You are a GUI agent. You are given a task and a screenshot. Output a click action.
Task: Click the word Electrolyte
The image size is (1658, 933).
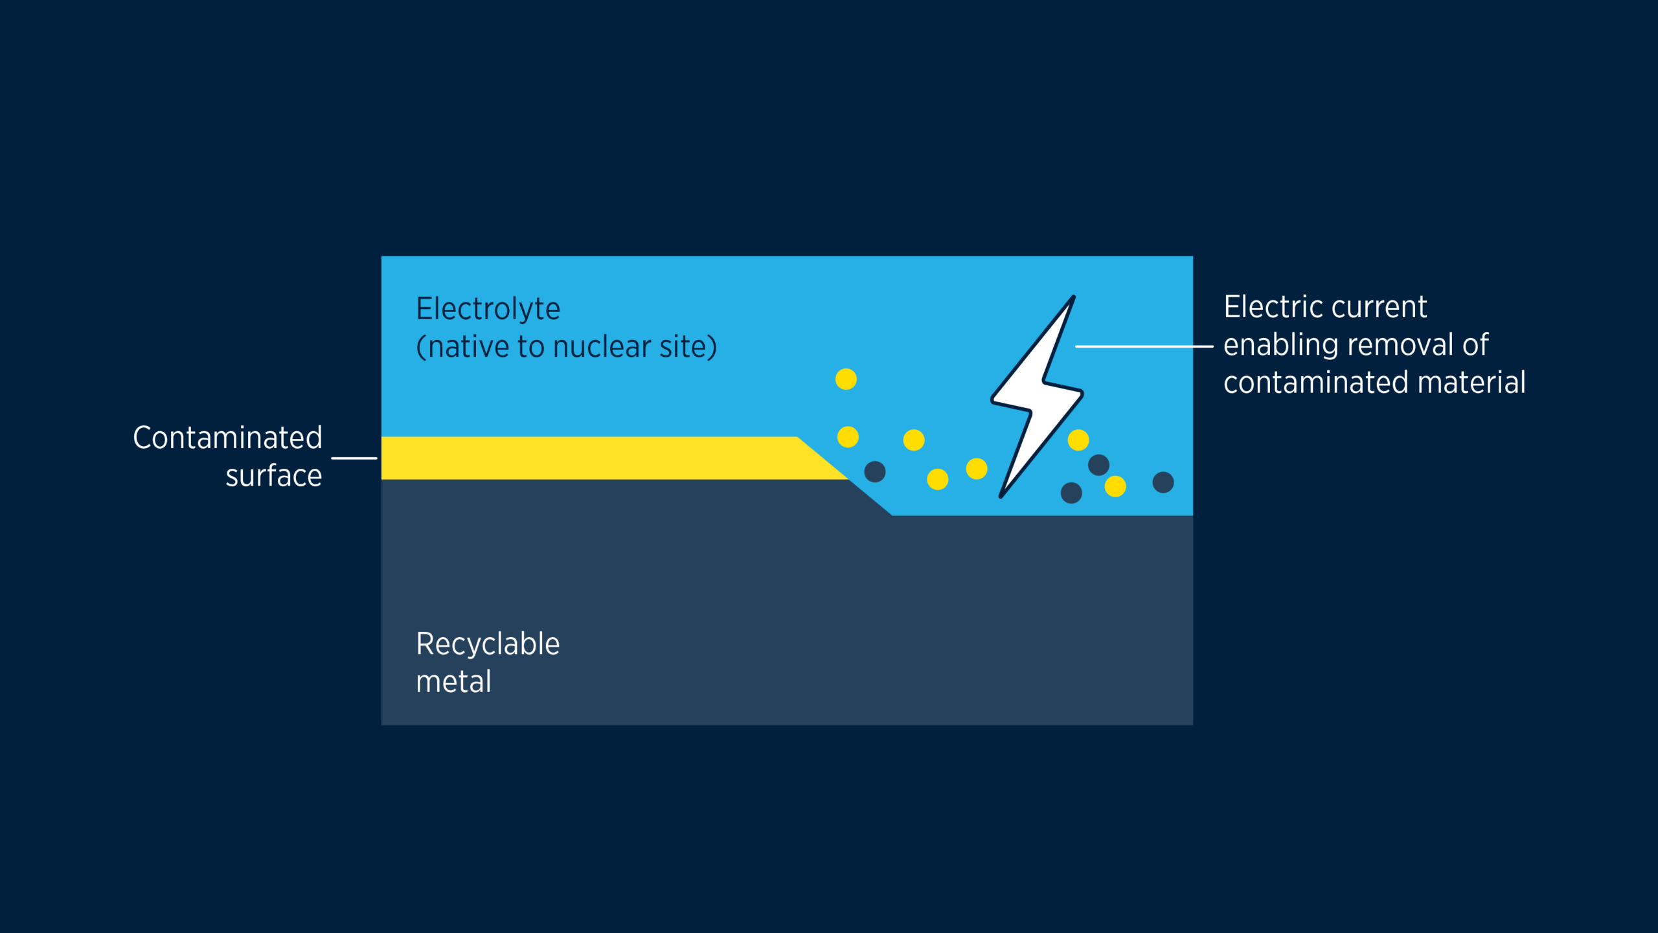pyautogui.click(x=488, y=309)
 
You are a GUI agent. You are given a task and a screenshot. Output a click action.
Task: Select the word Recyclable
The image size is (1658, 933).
pyautogui.click(x=488, y=644)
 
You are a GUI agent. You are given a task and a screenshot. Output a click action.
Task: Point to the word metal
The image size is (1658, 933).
pyautogui.click(x=453, y=682)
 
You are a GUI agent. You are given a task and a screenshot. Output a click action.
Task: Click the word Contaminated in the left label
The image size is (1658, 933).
pyautogui.click(x=227, y=438)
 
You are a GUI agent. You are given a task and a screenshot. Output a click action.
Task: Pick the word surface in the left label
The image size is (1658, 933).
pyautogui.click(x=273, y=476)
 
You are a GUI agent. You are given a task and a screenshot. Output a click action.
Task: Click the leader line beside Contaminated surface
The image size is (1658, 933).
pyautogui.click(x=354, y=458)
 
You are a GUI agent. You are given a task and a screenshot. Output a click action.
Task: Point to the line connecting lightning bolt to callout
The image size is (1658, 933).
pyautogui.click(x=1144, y=346)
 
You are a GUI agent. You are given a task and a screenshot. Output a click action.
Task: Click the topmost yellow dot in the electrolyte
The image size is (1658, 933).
pyautogui.click(x=846, y=379)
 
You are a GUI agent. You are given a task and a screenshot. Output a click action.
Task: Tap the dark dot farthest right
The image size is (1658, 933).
pyautogui.click(x=1163, y=482)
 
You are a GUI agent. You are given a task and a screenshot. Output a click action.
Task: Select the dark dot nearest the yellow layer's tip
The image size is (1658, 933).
pyautogui.click(x=875, y=472)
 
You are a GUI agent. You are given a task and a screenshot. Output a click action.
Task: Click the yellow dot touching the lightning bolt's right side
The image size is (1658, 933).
pyautogui.click(x=1078, y=440)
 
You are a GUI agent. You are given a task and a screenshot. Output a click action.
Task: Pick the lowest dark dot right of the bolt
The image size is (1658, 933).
pyautogui.click(x=1071, y=493)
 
